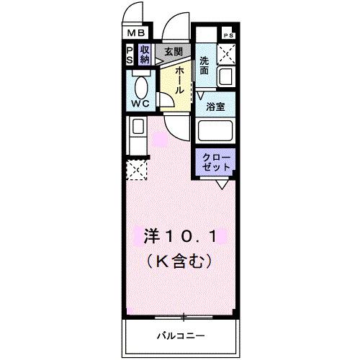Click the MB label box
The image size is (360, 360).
point(137,33)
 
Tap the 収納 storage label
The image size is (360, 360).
point(145,55)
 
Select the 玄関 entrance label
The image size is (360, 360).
point(173,51)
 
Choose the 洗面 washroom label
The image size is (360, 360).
point(205,66)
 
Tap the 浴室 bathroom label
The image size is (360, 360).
point(215,107)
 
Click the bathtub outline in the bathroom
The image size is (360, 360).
point(216,132)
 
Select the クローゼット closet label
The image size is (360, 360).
point(215,161)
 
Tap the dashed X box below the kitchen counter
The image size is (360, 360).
point(137,171)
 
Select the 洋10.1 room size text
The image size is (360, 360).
point(180,235)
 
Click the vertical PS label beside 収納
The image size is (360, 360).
point(129,55)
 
